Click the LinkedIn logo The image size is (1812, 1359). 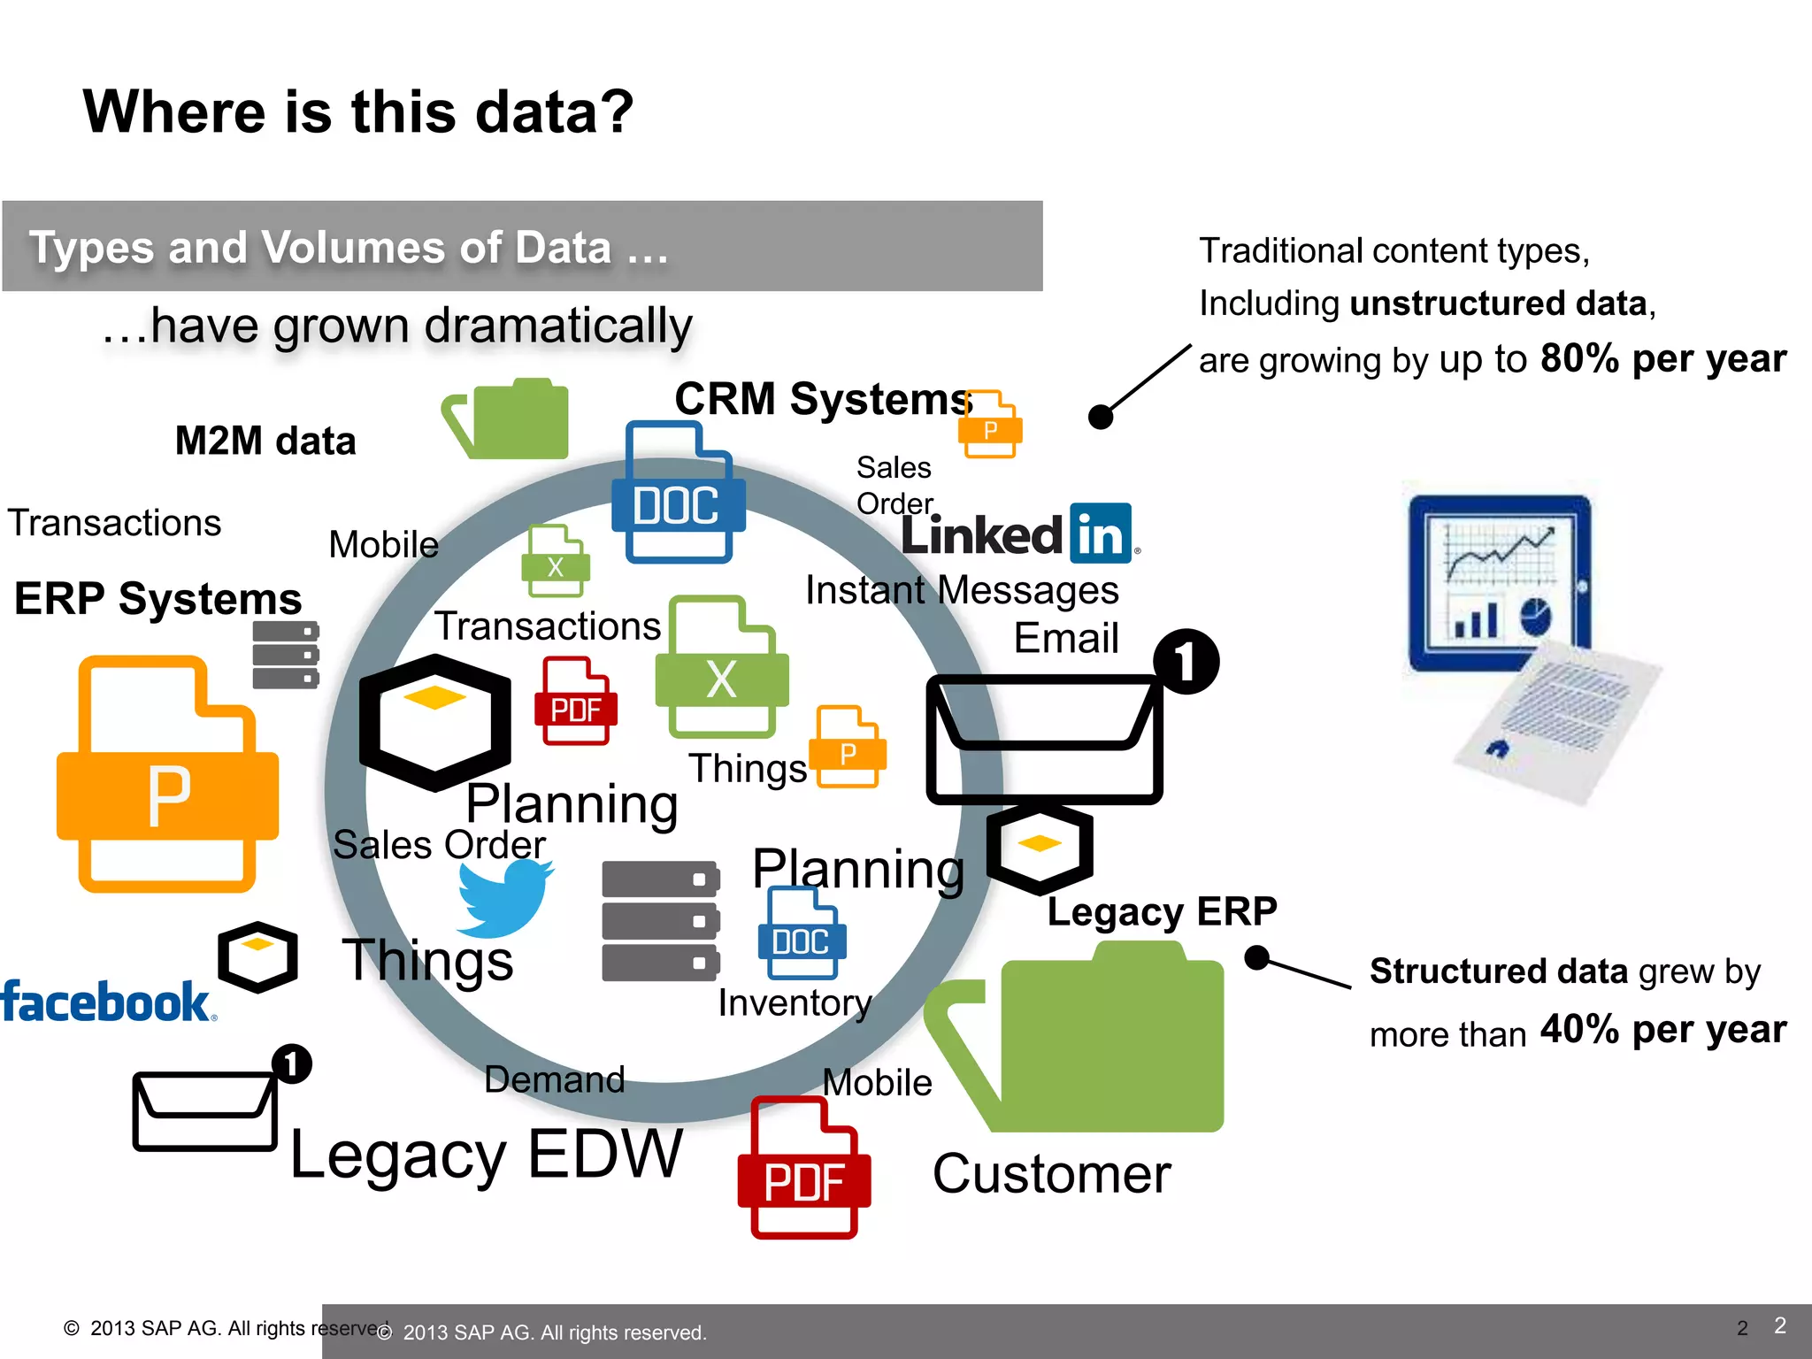click(x=1017, y=534)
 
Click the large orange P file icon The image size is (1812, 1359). click(x=167, y=774)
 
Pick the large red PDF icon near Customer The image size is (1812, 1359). click(x=803, y=1168)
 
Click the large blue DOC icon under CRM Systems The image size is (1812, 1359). click(x=678, y=494)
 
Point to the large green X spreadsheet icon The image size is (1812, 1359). click(x=722, y=668)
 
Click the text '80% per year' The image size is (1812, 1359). click(x=1663, y=358)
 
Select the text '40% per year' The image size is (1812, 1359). click(x=1663, y=1029)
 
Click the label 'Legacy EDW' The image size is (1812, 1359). click(x=487, y=1155)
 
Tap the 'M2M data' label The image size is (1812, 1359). click(x=265, y=441)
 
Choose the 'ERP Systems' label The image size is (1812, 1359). click(x=157, y=599)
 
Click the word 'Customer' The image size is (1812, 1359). click(x=1052, y=1174)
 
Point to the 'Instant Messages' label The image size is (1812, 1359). click(x=962, y=590)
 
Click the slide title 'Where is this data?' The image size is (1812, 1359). click(x=358, y=112)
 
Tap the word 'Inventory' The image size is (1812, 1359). click(x=795, y=1003)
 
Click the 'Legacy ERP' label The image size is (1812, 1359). click(x=1162, y=911)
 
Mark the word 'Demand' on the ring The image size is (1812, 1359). click(x=555, y=1080)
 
